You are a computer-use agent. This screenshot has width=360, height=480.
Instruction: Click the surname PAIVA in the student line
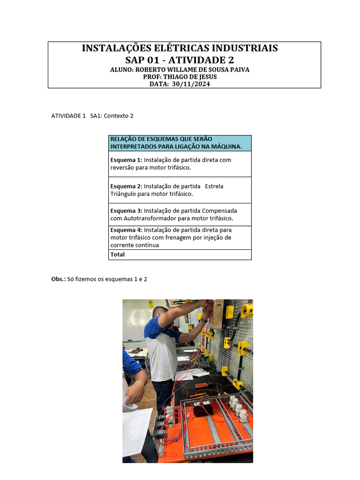pos(239,69)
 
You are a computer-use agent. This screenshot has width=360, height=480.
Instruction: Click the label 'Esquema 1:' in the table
pos(126,160)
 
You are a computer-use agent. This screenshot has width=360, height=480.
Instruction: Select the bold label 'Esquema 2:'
pos(126,186)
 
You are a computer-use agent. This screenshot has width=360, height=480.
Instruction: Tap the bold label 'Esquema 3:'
pos(126,211)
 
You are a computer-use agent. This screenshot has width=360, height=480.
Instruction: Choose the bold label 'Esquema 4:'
pos(126,230)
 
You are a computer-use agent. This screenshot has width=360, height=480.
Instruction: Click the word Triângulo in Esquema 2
pos(124,194)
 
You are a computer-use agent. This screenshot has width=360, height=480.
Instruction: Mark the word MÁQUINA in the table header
pos(225,147)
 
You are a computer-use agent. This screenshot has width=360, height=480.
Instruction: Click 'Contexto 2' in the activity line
pos(119,116)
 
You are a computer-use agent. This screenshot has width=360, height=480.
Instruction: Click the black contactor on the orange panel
pos(203,408)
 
